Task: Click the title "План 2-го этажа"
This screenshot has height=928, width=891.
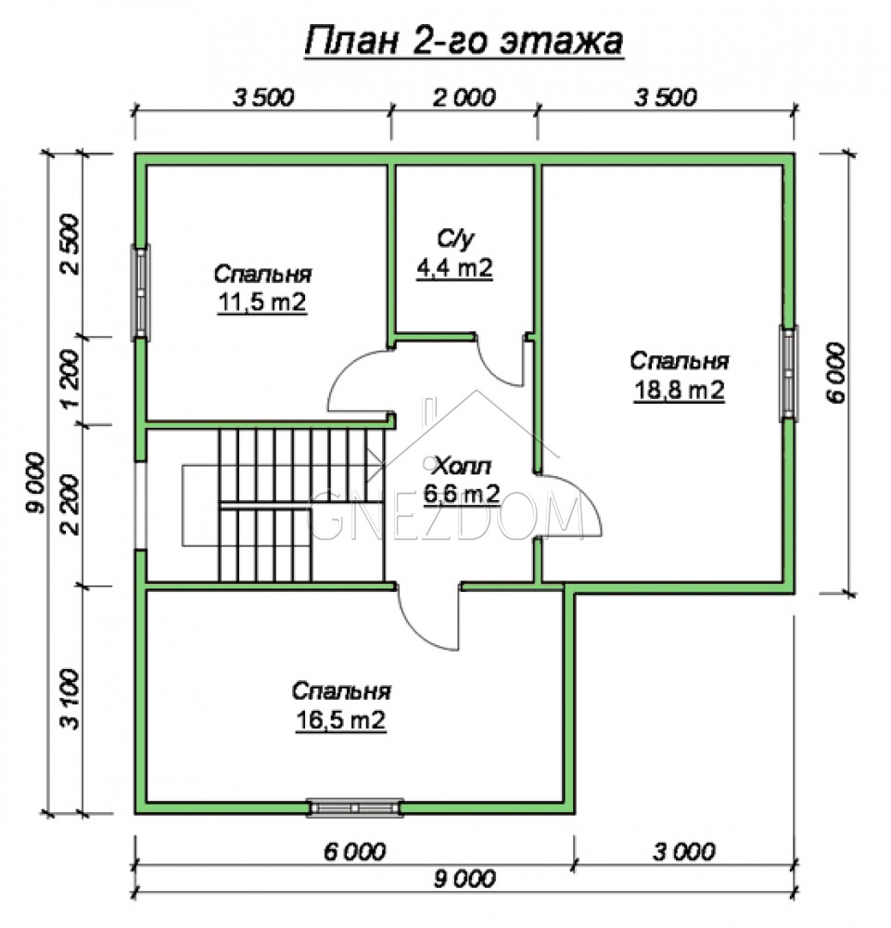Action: click(x=464, y=42)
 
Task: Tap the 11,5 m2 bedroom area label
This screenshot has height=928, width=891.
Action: click(x=262, y=303)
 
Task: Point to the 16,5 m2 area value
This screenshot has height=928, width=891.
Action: click(x=340, y=720)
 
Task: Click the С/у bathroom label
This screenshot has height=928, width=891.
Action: click(x=455, y=238)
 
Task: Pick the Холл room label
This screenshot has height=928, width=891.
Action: click(x=462, y=467)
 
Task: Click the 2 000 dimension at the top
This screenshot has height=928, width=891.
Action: click(x=465, y=97)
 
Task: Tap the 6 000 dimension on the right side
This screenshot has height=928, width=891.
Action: click(x=836, y=372)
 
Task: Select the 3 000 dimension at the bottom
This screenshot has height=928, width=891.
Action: click(x=684, y=852)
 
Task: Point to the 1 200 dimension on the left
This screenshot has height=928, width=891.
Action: click(x=70, y=380)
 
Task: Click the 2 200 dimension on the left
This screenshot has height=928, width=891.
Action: click(x=70, y=505)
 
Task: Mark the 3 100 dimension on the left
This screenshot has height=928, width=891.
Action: click(x=70, y=699)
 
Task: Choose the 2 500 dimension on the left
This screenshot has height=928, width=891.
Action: click(x=70, y=243)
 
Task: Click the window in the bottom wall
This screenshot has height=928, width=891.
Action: click(x=355, y=807)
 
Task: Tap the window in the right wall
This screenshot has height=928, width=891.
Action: click(x=788, y=373)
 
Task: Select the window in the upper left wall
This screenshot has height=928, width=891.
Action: click(x=140, y=293)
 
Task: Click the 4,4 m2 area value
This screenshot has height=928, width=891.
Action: click(x=454, y=268)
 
